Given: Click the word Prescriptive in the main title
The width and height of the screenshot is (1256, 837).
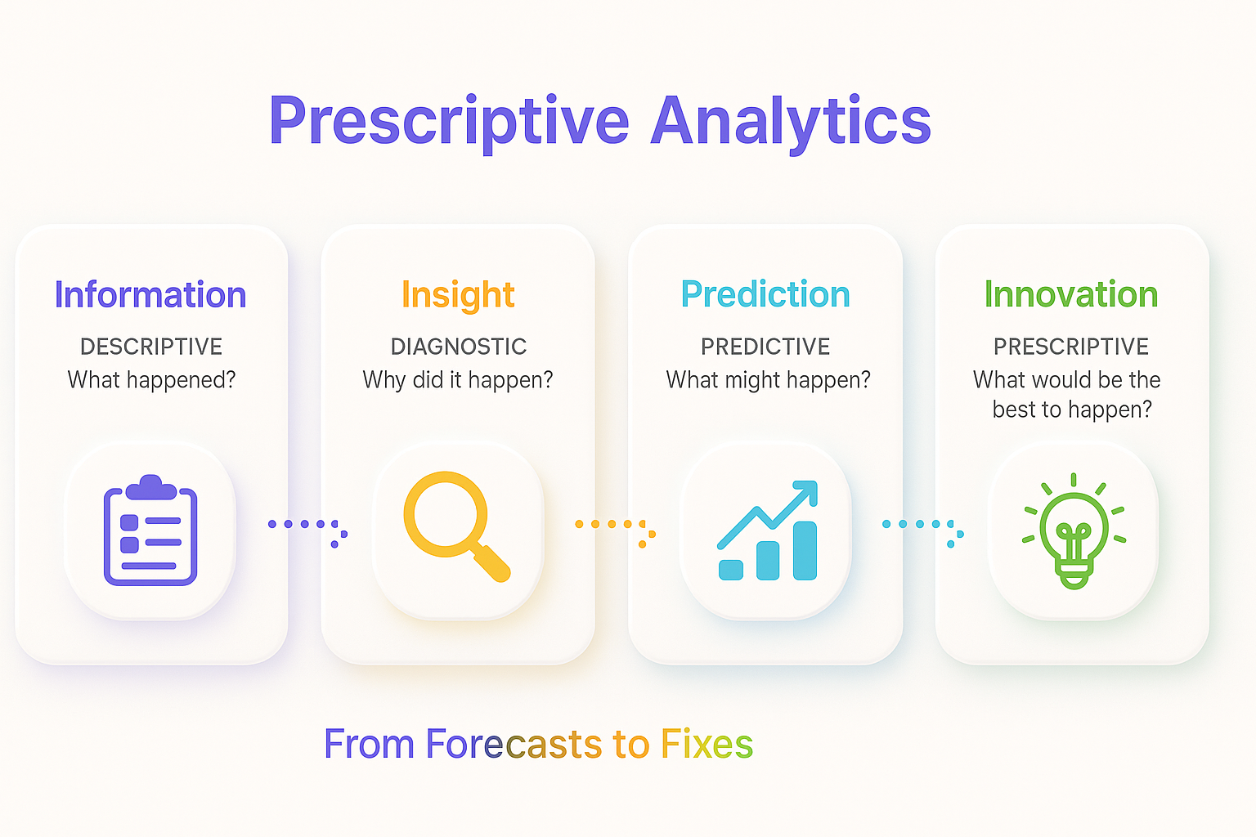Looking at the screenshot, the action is point(450,123).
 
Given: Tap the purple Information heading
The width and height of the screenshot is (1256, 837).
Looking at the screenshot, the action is point(150,294).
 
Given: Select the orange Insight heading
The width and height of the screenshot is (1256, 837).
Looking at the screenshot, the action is point(458,296).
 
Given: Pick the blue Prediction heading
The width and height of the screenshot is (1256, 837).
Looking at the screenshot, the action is point(765,294).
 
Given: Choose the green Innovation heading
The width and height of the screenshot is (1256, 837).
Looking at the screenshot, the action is point(1071,294).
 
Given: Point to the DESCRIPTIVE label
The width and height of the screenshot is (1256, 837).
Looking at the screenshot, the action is point(151,347).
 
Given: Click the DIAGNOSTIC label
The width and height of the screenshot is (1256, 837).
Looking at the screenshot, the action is point(459,347).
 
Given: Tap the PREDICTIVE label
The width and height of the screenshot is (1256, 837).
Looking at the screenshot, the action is point(765,347).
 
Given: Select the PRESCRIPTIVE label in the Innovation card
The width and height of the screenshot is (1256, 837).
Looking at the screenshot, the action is point(1071,347).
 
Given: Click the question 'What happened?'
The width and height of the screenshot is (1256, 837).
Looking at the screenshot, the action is point(151,381).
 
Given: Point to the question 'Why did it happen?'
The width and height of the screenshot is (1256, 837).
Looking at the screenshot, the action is point(458,381).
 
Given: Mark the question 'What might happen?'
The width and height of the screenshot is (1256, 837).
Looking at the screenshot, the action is point(768,381).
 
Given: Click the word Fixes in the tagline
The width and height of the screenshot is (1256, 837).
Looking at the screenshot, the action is point(706,744).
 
